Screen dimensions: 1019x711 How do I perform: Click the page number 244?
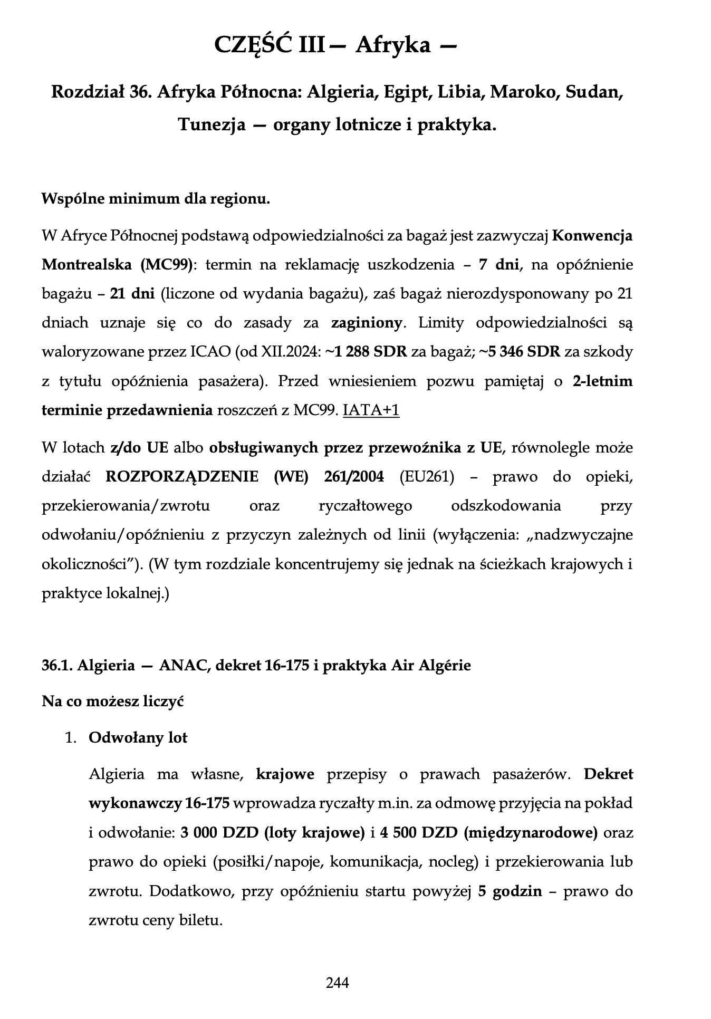point(338,983)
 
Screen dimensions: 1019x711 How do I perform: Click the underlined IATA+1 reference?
point(371,410)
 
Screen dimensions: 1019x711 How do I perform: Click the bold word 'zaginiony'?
point(367,323)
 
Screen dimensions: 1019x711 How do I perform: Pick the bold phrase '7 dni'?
point(499,264)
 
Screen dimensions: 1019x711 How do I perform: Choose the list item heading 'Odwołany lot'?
point(138,737)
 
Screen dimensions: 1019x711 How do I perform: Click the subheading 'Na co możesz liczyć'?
point(112,701)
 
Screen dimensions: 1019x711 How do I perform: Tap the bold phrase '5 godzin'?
point(510,891)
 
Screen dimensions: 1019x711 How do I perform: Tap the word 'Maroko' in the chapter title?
point(524,92)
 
